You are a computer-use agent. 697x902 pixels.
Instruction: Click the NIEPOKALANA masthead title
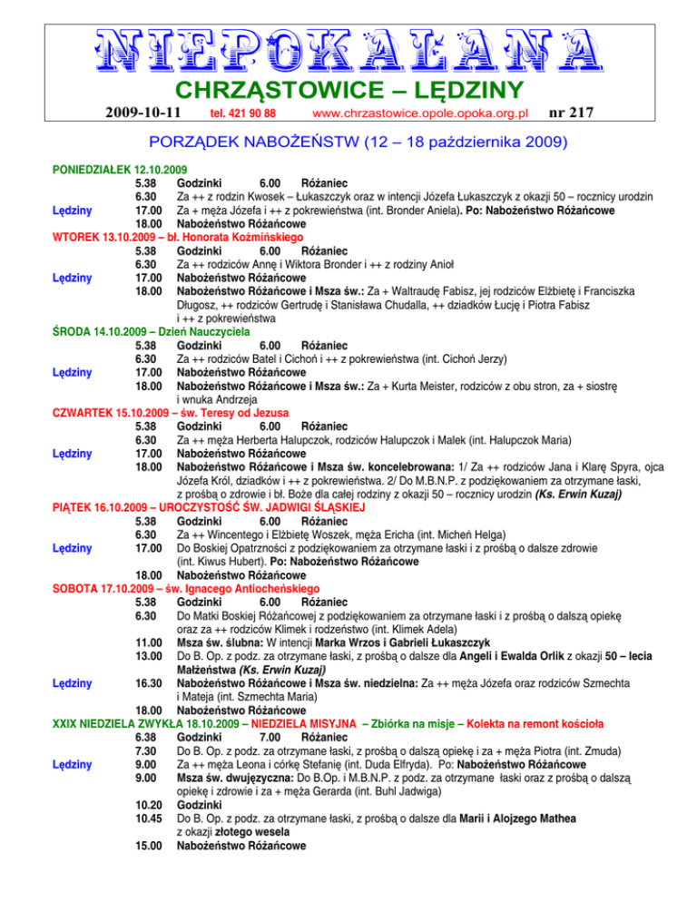tap(348, 51)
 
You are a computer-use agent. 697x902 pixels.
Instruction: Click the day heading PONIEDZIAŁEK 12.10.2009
tap(108, 170)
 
